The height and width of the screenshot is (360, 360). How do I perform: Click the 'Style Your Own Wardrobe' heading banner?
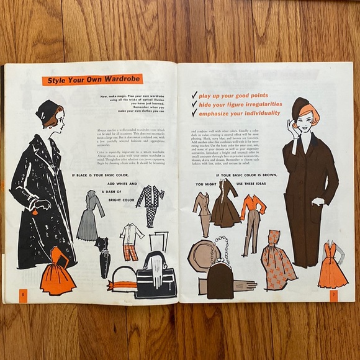[92, 79]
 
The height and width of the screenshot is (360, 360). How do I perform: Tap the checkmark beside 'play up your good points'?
[194, 95]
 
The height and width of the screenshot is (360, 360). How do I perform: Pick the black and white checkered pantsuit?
[150, 204]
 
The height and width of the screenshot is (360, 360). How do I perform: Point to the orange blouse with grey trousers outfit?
[251, 215]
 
